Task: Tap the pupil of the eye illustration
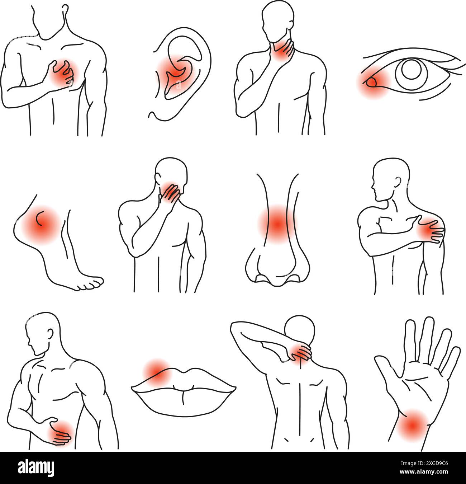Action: tap(409, 70)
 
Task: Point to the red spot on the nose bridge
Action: tap(276, 224)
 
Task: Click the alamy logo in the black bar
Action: tap(36, 467)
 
